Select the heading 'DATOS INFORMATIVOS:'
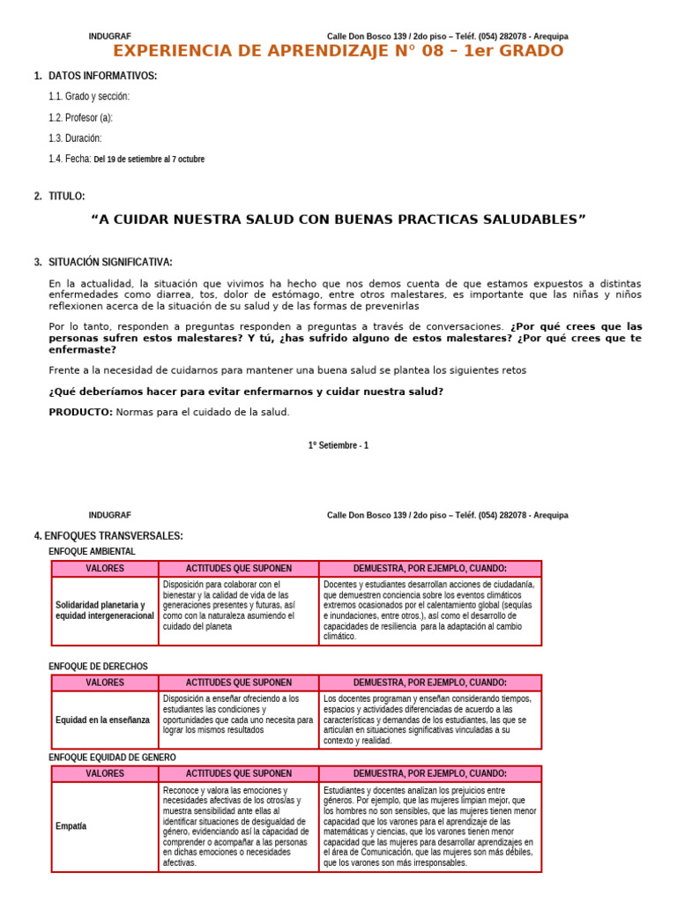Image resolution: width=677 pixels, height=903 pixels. click(102, 76)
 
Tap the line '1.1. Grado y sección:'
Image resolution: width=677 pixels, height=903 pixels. click(89, 96)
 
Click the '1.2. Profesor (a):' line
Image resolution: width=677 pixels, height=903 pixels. click(81, 117)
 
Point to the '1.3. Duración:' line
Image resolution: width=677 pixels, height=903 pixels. click(75, 138)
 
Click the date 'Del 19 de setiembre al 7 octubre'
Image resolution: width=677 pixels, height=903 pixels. click(149, 160)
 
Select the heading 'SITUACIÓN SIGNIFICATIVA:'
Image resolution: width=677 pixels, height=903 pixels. click(110, 262)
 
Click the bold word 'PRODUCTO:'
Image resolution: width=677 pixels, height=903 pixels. click(80, 412)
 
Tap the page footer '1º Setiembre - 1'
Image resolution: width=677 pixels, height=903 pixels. click(338, 445)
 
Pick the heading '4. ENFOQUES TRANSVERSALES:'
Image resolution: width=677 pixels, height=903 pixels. click(108, 536)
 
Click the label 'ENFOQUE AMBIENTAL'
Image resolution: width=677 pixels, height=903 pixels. click(92, 551)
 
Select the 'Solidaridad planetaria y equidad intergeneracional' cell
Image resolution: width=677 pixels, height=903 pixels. click(105, 610)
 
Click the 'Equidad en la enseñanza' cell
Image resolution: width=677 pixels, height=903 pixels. click(103, 720)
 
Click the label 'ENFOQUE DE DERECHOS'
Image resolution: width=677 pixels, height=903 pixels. click(98, 667)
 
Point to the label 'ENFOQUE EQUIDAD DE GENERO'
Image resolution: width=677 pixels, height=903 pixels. click(112, 757)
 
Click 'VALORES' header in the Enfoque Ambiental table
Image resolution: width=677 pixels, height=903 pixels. click(105, 568)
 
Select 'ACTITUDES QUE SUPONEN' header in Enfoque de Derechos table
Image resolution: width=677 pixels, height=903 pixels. click(239, 683)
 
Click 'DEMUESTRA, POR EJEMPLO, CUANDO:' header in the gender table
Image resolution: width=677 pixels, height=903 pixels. click(430, 773)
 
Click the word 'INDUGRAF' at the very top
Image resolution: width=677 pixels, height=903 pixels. click(109, 36)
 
